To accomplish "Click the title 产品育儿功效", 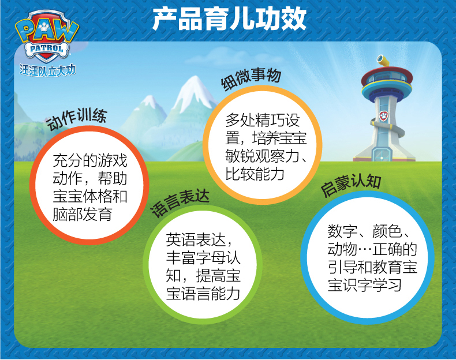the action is click(x=229, y=19).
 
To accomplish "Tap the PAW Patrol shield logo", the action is click(x=47, y=36).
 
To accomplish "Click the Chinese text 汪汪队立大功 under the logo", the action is click(x=48, y=70).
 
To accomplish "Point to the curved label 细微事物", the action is click(x=251, y=78).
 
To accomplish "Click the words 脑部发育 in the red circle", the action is click(x=83, y=215).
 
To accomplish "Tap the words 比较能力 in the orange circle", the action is click(x=255, y=174).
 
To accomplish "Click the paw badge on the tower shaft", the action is click(x=384, y=116).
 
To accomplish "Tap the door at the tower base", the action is click(x=382, y=153).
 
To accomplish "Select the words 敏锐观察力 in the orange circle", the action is click(x=262, y=156).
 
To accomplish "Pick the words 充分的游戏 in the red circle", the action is click(x=90, y=161).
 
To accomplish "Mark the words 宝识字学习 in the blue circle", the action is click(x=365, y=285).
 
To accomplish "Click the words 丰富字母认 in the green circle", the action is click(x=203, y=258).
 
